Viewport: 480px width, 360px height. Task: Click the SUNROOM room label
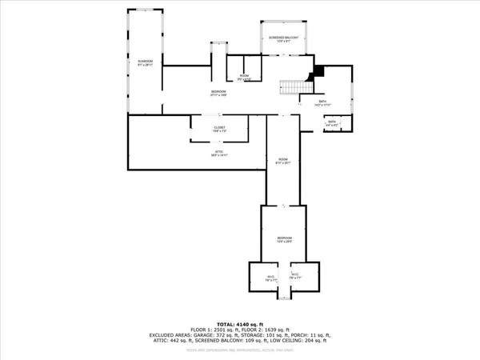coord(145,62)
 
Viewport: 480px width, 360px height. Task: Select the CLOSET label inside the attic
coord(218,129)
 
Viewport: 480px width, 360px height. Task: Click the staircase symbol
coord(293,87)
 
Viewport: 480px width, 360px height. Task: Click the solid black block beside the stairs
coord(318,71)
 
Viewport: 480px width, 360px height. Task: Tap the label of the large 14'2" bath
coord(322,103)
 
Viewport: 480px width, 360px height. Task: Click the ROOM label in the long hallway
coord(282,160)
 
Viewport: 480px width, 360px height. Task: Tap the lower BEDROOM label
coord(282,239)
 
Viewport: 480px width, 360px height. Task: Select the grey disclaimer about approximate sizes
coord(239,350)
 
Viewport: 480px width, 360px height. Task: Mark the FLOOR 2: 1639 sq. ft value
coord(270,328)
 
